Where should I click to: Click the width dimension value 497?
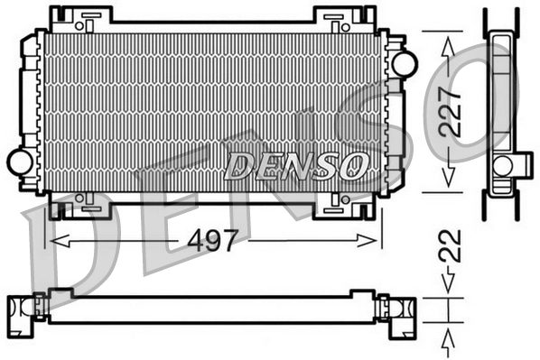point(213,240)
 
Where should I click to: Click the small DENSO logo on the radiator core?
point(296,164)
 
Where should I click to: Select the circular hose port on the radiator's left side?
point(19,162)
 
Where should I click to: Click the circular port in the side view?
point(503,164)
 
